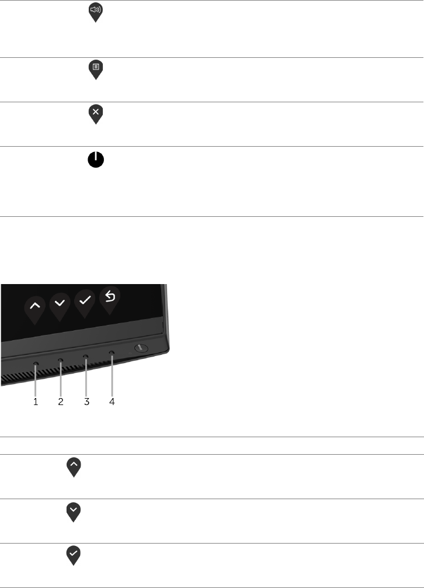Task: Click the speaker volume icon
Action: [x=95, y=11]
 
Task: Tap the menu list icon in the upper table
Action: [x=95, y=68]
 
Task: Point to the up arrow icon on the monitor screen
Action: [x=34, y=306]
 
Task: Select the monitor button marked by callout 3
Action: [x=86, y=355]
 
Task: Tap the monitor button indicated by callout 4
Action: [x=111, y=352]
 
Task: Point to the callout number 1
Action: [x=36, y=402]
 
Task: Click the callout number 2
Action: [x=61, y=402]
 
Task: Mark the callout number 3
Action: [x=86, y=402]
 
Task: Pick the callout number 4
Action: [x=112, y=402]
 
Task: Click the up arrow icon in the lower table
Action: [x=74, y=465]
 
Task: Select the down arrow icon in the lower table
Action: [x=74, y=510]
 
